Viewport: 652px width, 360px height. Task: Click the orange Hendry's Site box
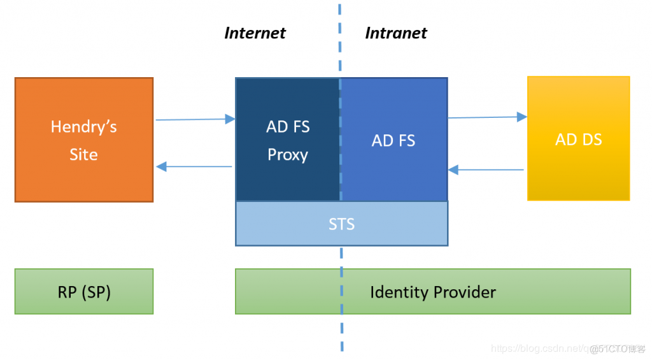(x=83, y=140)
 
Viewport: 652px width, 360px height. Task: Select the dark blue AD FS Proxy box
(x=287, y=140)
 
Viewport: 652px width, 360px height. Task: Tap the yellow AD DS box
(x=578, y=139)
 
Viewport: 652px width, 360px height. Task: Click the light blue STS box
(x=341, y=224)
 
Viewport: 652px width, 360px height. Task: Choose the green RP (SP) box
(x=83, y=292)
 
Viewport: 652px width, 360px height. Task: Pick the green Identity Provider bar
(x=433, y=292)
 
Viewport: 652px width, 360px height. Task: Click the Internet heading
(x=255, y=33)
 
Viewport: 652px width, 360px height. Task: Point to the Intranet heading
(x=396, y=33)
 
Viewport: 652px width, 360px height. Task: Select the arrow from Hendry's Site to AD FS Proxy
(x=195, y=119)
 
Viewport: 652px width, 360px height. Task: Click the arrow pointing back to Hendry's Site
(x=194, y=166)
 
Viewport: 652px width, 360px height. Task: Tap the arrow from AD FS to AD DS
(x=487, y=117)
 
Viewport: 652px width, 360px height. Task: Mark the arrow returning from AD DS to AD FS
(x=486, y=169)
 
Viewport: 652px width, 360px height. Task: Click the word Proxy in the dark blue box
(x=287, y=155)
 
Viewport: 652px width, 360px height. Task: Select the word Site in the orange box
(x=83, y=155)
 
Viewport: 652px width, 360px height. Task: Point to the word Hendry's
(x=83, y=127)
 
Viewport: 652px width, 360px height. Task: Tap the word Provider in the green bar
(x=462, y=292)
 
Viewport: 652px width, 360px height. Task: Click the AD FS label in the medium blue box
(x=393, y=141)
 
